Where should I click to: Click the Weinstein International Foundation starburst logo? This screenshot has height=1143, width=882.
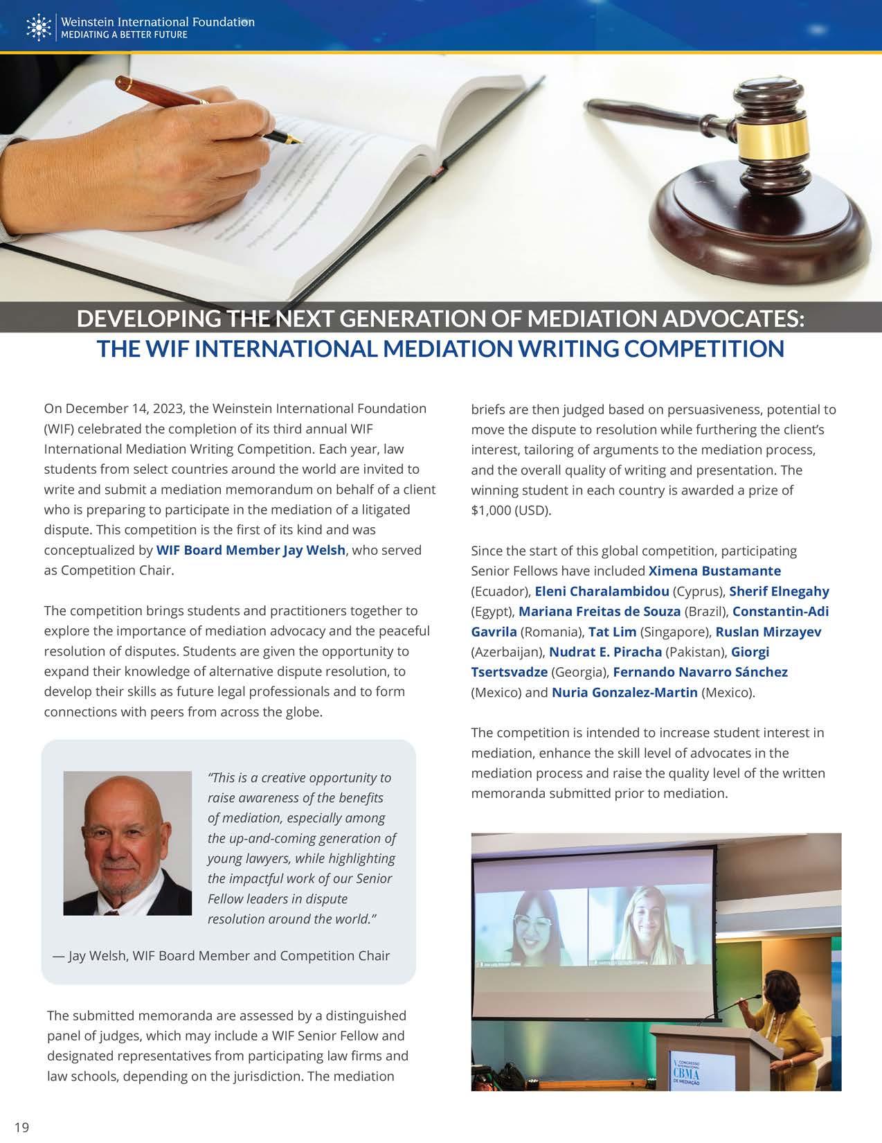click(x=37, y=27)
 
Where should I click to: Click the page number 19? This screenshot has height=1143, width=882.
click(x=21, y=1127)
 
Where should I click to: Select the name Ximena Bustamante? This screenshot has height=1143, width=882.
click(x=714, y=571)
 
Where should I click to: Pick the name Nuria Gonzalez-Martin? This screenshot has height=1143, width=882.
click(x=624, y=692)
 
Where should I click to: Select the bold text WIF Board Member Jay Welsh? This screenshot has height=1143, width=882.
click(x=251, y=551)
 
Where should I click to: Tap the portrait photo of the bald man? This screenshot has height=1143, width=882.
click(x=127, y=843)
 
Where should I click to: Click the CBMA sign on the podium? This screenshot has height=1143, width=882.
click(x=687, y=1074)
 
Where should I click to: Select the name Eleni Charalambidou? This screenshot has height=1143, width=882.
click(x=602, y=591)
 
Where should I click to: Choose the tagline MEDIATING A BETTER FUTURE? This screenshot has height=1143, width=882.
click(x=125, y=35)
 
